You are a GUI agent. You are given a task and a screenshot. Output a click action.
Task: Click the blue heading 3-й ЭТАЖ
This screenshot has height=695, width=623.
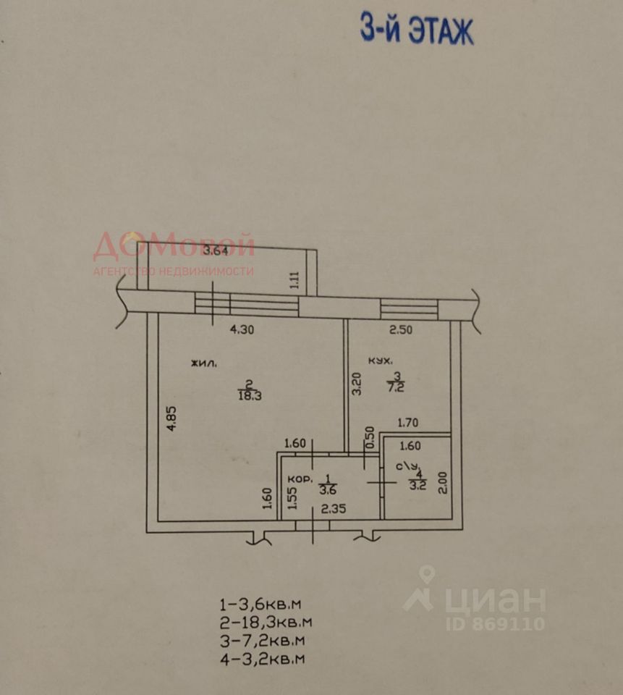417,31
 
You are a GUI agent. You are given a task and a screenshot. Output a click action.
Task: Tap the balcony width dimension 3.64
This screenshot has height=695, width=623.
216,251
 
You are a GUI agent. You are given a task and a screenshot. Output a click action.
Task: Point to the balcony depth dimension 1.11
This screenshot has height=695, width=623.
294,279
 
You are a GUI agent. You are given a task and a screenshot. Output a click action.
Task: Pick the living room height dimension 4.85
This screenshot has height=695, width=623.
171,418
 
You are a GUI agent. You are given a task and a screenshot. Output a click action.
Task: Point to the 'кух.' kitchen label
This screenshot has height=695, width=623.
380,360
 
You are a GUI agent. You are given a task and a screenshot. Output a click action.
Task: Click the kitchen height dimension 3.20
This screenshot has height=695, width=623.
355,384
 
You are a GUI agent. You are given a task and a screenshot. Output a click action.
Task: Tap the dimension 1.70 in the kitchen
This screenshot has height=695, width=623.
409,424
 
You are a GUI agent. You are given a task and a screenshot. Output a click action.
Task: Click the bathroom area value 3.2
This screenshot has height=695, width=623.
417,485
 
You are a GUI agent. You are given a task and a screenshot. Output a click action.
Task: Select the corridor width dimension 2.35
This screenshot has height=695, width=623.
333,508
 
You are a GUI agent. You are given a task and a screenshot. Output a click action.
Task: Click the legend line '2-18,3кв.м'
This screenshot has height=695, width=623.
266,621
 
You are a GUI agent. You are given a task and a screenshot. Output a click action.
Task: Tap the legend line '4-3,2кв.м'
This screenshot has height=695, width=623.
262,659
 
